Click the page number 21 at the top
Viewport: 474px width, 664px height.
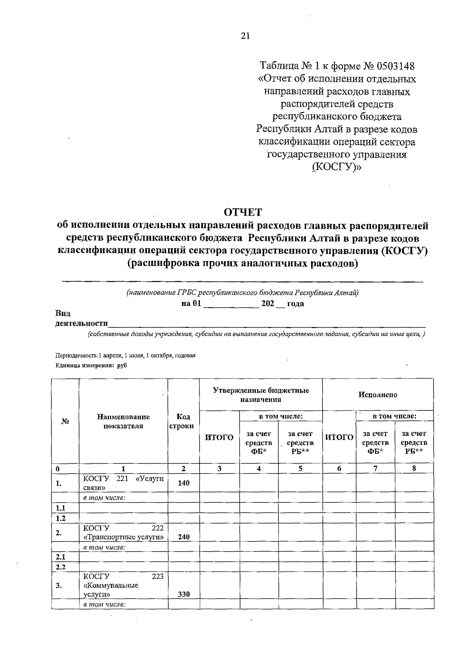coord(245,36)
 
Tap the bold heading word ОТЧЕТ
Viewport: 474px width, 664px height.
coord(243,212)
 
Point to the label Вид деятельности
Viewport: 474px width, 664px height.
coord(81,319)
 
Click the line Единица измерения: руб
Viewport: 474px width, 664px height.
coord(91,366)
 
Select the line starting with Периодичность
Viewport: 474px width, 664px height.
coord(126,355)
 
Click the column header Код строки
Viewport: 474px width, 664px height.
coord(183,421)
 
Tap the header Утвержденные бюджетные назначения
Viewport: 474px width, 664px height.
coord(261,395)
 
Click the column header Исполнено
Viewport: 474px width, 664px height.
coord(378,395)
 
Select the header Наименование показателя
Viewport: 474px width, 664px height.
coord(123,421)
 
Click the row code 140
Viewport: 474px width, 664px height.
coord(183,483)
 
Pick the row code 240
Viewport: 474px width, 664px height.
coord(183,537)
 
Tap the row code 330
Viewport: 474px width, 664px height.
coord(183,594)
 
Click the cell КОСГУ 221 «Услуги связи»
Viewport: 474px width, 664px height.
coord(123,483)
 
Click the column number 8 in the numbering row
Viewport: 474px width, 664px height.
coord(414,468)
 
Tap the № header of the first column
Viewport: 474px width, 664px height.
coord(65,421)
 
